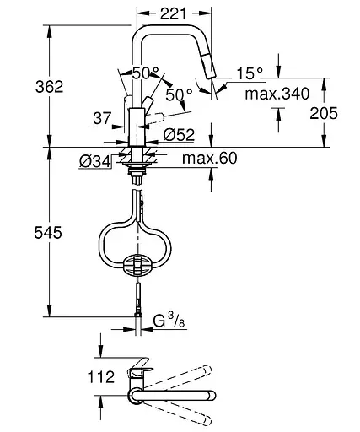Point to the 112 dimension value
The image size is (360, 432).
click(101, 377)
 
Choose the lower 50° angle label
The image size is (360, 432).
click(175, 95)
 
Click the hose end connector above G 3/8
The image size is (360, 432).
click(137, 306)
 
